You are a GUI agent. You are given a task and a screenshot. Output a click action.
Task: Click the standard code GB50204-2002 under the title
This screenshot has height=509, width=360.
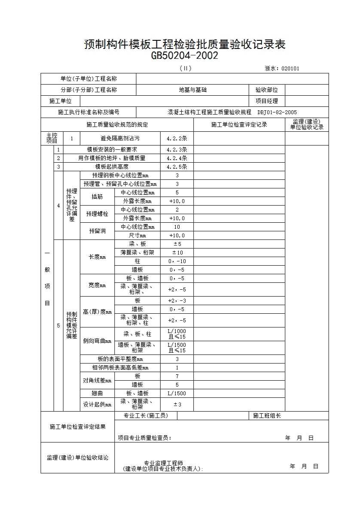185,56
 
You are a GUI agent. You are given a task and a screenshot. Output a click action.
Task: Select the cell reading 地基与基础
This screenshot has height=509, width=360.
192,90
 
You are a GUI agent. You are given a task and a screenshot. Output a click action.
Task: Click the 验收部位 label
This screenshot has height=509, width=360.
266,90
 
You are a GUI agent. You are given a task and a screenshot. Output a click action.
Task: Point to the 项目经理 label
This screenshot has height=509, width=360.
266,101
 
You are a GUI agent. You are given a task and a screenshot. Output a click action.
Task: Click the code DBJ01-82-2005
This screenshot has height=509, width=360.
277,112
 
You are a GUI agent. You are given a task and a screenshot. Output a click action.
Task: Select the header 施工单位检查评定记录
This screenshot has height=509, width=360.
239,125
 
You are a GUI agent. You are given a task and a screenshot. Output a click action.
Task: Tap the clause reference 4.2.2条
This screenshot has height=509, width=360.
177,139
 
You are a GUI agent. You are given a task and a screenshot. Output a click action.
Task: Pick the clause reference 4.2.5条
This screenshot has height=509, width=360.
177,167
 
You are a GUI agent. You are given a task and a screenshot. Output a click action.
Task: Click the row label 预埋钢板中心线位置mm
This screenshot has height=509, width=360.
120,176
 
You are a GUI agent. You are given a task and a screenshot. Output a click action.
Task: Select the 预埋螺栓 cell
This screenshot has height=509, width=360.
97,214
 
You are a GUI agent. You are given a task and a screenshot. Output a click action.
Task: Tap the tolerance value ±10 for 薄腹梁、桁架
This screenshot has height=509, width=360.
177,253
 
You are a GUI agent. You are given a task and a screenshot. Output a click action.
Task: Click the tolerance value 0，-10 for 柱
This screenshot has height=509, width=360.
177,261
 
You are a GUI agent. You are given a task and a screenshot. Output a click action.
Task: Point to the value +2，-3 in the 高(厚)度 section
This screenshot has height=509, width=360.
177,301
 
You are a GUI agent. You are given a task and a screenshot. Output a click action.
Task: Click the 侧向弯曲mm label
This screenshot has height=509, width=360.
97,341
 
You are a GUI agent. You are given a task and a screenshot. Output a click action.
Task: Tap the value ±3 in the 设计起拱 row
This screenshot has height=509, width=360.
177,404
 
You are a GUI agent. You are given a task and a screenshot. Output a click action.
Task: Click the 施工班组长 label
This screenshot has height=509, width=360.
267,415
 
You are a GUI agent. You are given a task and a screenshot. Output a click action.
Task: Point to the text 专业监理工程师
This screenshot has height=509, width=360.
163,464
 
